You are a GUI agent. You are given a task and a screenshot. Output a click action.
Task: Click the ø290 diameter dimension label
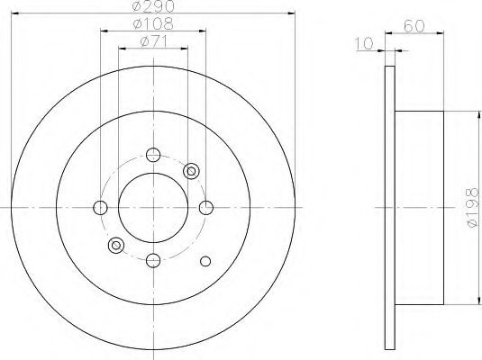tap(153, 5)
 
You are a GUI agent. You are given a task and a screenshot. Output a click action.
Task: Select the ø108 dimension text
tap(153, 23)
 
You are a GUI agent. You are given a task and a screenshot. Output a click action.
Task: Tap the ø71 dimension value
tap(154, 41)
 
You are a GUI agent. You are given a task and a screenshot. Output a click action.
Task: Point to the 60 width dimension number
tap(414, 26)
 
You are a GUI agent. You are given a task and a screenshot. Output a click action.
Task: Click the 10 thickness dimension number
tap(364, 43)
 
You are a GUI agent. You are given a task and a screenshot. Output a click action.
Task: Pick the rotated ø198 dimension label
tap(473, 208)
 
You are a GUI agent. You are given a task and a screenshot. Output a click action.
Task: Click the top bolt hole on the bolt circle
tap(153, 155)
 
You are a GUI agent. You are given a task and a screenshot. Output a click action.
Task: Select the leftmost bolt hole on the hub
tap(100, 208)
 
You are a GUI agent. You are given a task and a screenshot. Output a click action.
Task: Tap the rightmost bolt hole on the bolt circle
tap(206, 208)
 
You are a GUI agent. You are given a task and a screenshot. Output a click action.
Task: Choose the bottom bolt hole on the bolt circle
tap(153, 260)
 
